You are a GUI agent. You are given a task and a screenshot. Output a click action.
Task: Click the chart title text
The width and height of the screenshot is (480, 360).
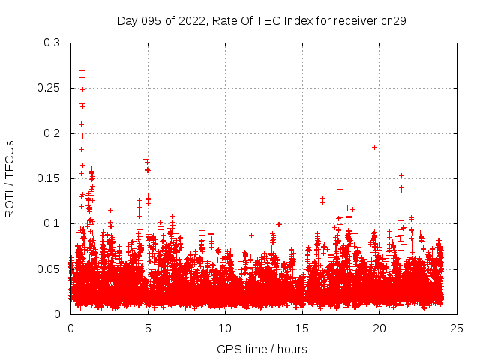click(261, 20)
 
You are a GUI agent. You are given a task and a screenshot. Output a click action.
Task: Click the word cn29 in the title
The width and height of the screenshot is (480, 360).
click(393, 20)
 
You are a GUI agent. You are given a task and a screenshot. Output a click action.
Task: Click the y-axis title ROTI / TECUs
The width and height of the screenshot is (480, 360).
click(10, 178)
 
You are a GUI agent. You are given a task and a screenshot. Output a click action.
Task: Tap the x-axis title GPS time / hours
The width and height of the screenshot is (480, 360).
click(262, 349)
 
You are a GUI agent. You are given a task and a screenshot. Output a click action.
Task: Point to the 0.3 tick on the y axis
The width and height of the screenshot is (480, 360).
click(52, 43)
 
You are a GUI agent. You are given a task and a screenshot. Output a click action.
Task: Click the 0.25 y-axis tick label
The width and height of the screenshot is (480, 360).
click(49, 88)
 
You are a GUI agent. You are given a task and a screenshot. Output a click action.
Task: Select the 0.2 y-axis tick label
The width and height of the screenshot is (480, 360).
click(52, 133)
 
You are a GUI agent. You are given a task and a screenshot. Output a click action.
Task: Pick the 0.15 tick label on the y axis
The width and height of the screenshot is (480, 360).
click(49, 178)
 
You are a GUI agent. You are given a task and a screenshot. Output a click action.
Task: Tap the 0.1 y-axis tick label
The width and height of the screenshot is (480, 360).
click(52, 223)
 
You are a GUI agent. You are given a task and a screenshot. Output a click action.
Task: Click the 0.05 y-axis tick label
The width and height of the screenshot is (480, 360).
click(49, 268)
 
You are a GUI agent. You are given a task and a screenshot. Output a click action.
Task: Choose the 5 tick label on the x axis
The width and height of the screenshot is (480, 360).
click(148, 328)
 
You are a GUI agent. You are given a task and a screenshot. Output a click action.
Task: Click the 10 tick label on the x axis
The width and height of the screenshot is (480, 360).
click(225, 328)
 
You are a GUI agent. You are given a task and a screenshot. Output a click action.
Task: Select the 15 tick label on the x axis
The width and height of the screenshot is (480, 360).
click(302, 328)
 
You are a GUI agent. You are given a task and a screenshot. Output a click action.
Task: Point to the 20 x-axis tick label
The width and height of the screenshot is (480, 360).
click(379, 328)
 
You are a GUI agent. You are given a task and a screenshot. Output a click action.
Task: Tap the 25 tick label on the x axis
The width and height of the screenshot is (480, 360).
click(457, 328)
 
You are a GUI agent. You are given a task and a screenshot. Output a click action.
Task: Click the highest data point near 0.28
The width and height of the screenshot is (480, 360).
click(82, 61)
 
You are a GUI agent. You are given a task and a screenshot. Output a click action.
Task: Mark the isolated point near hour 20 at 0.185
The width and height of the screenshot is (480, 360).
click(374, 147)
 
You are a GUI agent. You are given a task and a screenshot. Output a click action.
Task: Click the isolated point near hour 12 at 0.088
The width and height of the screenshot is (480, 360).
click(251, 235)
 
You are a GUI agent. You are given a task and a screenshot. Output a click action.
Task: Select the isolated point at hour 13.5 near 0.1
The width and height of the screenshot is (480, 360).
click(279, 224)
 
